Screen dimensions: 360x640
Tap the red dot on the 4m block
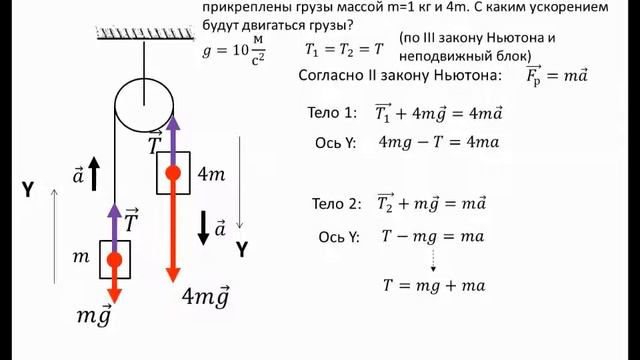(x=173, y=173)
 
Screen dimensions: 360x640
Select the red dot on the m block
(x=115, y=260)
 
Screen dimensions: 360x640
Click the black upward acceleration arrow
(x=93, y=175)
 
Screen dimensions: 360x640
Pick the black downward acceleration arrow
(x=204, y=227)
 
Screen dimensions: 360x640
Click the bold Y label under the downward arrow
(x=241, y=248)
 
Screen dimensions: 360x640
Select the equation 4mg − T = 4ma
(x=438, y=142)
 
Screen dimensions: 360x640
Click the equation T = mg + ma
(x=434, y=285)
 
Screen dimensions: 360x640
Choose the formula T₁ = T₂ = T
(x=344, y=48)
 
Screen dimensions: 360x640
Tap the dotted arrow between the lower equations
(x=433, y=260)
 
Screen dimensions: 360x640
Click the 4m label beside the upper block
(x=211, y=174)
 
